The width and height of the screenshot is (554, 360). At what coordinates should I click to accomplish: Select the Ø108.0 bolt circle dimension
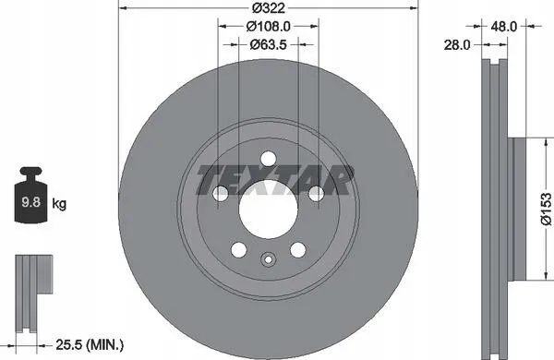point(269,26)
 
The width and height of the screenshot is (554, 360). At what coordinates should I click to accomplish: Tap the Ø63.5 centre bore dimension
point(268,44)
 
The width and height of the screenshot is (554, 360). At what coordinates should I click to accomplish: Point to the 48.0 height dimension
point(504,26)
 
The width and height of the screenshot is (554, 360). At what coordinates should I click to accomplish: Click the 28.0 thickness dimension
point(457,45)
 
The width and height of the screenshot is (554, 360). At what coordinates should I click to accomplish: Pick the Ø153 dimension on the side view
point(547,209)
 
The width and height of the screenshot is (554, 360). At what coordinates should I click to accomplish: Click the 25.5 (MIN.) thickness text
point(90,344)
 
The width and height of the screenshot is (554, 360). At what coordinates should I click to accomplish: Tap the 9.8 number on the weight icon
point(31,202)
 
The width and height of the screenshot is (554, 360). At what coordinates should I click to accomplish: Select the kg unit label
point(59,204)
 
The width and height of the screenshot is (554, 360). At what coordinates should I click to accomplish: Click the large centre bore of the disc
point(268,210)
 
